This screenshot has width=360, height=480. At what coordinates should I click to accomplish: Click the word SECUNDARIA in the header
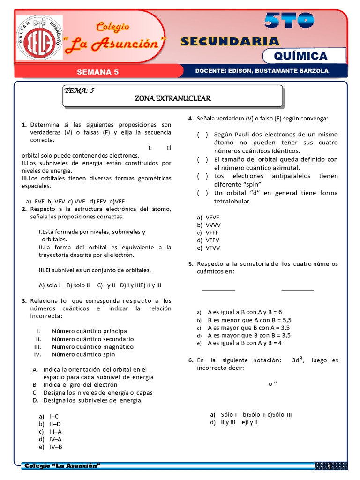(230, 42)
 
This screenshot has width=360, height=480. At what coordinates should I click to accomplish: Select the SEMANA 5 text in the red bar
(97, 72)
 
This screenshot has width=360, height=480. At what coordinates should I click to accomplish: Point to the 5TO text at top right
(289, 20)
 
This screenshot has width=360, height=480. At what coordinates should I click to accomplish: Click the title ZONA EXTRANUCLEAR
(172, 98)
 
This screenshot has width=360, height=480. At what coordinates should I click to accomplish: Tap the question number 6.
(191, 360)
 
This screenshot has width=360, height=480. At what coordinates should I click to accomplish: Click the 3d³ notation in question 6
(298, 360)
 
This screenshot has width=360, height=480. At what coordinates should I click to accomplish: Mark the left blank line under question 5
(218, 290)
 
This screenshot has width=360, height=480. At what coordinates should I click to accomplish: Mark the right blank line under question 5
(298, 290)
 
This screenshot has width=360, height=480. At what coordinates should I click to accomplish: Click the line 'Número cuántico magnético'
(92, 346)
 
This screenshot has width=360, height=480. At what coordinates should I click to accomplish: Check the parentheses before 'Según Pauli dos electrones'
(202, 135)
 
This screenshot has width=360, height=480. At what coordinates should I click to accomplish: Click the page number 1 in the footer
(330, 467)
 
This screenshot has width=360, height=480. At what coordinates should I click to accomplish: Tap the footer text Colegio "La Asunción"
(62, 466)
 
